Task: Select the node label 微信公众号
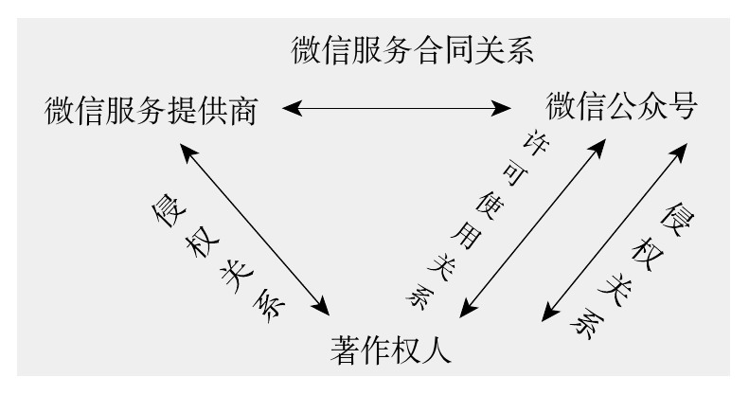(x=621, y=105)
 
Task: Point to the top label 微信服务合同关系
(x=413, y=50)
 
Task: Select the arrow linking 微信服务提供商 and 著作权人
(x=255, y=228)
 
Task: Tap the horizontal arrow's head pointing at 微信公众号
(x=501, y=109)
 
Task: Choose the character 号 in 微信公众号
(x=679, y=105)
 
